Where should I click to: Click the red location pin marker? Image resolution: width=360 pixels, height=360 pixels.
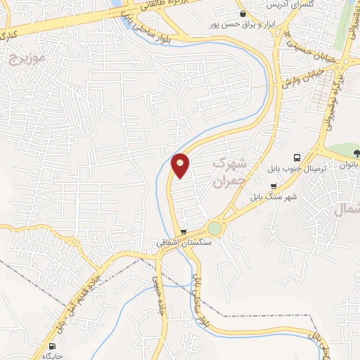click(181, 165)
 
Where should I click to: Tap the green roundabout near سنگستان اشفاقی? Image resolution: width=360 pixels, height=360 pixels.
click(214, 229)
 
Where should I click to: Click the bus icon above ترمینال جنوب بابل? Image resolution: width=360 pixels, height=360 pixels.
click(297, 157)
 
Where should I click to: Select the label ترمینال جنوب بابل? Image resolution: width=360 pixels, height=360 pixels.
click(292, 169)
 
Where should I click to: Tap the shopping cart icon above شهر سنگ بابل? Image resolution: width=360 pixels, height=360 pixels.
click(274, 186)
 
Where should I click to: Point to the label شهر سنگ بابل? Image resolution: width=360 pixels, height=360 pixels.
click(273, 197)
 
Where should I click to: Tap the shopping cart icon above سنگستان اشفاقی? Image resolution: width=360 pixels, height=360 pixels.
click(184, 231)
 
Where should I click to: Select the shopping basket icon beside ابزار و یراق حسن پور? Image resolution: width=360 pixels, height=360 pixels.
click(242, 13)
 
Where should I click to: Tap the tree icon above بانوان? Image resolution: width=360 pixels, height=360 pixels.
click(356, 153)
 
